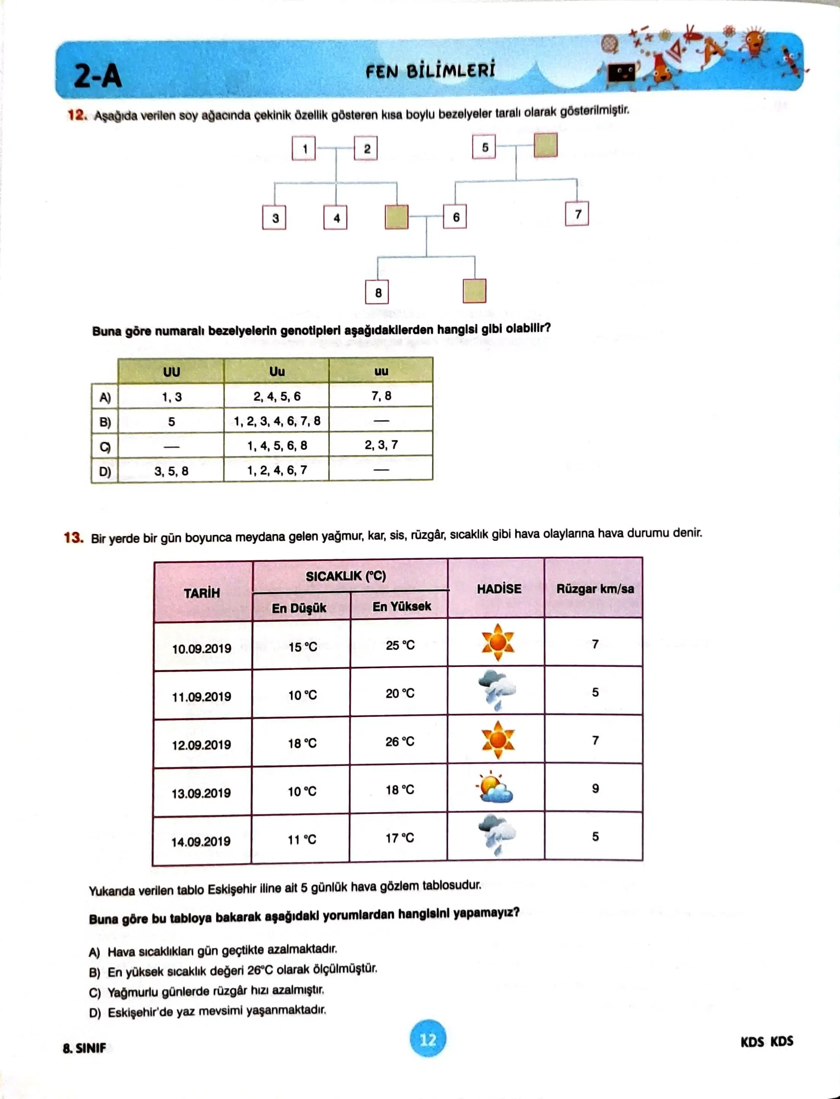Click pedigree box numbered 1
(x=303, y=149)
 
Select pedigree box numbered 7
(x=577, y=214)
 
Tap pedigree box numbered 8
(x=377, y=293)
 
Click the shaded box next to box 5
(x=545, y=145)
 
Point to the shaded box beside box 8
(x=474, y=291)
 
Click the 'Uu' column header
(x=276, y=371)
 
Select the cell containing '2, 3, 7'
(x=381, y=445)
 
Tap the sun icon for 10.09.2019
(x=498, y=642)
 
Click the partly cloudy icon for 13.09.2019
(x=495, y=789)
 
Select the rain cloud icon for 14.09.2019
(x=496, y=835)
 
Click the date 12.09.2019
(x=201, y=745)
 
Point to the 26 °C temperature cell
(x=399, y=742)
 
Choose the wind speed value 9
(x=595, y=788)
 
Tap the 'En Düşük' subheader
(x=299, y=608)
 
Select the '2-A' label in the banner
(x=98, y=76)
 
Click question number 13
(x=73, y=538)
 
